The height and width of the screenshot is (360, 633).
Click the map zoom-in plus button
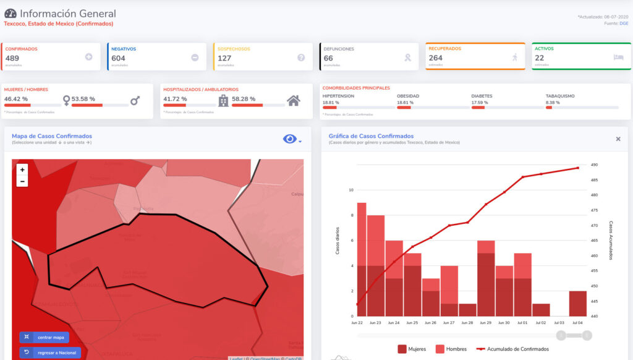[23, 169]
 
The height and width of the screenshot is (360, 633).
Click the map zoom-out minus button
[23, 181]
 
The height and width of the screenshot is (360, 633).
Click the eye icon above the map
[289, 139]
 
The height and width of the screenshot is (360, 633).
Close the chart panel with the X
[618, 139]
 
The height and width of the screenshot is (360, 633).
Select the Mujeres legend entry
[414, 349]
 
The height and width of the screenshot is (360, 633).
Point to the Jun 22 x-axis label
[357, 323]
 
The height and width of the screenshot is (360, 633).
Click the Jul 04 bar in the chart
[578, 304]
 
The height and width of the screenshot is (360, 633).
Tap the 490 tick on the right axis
[594, 165]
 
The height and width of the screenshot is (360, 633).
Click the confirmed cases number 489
[12, 58]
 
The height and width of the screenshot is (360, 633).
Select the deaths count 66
[328, 58]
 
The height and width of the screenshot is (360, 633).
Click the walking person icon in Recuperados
[514, 57]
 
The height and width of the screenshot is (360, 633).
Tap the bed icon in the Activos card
[618, 57]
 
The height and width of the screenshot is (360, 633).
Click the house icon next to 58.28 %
[294, 100]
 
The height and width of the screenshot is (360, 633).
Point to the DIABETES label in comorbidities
[482, 96]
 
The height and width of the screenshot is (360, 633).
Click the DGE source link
[624, 24]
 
